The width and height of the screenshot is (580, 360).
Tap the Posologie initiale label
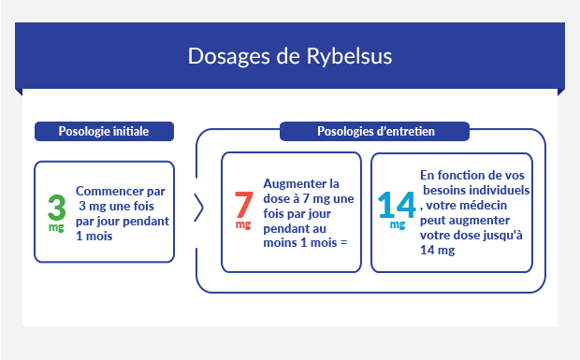pyautogui.click(x=104, y=131)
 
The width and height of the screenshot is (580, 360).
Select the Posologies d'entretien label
pyautogui.click(x=370, y=131)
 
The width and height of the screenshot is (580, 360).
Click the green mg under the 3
pyautogui.click(x=55, y=227)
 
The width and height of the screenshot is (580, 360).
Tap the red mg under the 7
pyautogui.click(x=242, y=225)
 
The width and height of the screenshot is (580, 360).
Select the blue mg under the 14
pyautogui.click(x=398, y=224)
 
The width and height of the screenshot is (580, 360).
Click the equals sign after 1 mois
pyautogui.click(x=343, y=243)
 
